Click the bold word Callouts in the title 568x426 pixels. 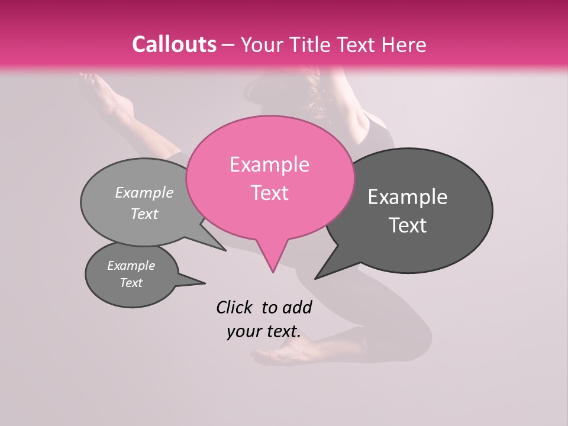(174, 45)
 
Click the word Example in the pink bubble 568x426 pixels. (269, 164)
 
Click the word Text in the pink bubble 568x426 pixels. (269, 193)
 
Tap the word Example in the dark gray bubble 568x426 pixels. (408, 197)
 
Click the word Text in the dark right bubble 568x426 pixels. (408, 225)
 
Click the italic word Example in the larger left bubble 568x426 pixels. (144, 193)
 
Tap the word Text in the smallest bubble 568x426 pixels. (131, 283)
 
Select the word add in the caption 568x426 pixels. (297, 307)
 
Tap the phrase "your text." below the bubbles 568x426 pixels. (263, 331)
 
